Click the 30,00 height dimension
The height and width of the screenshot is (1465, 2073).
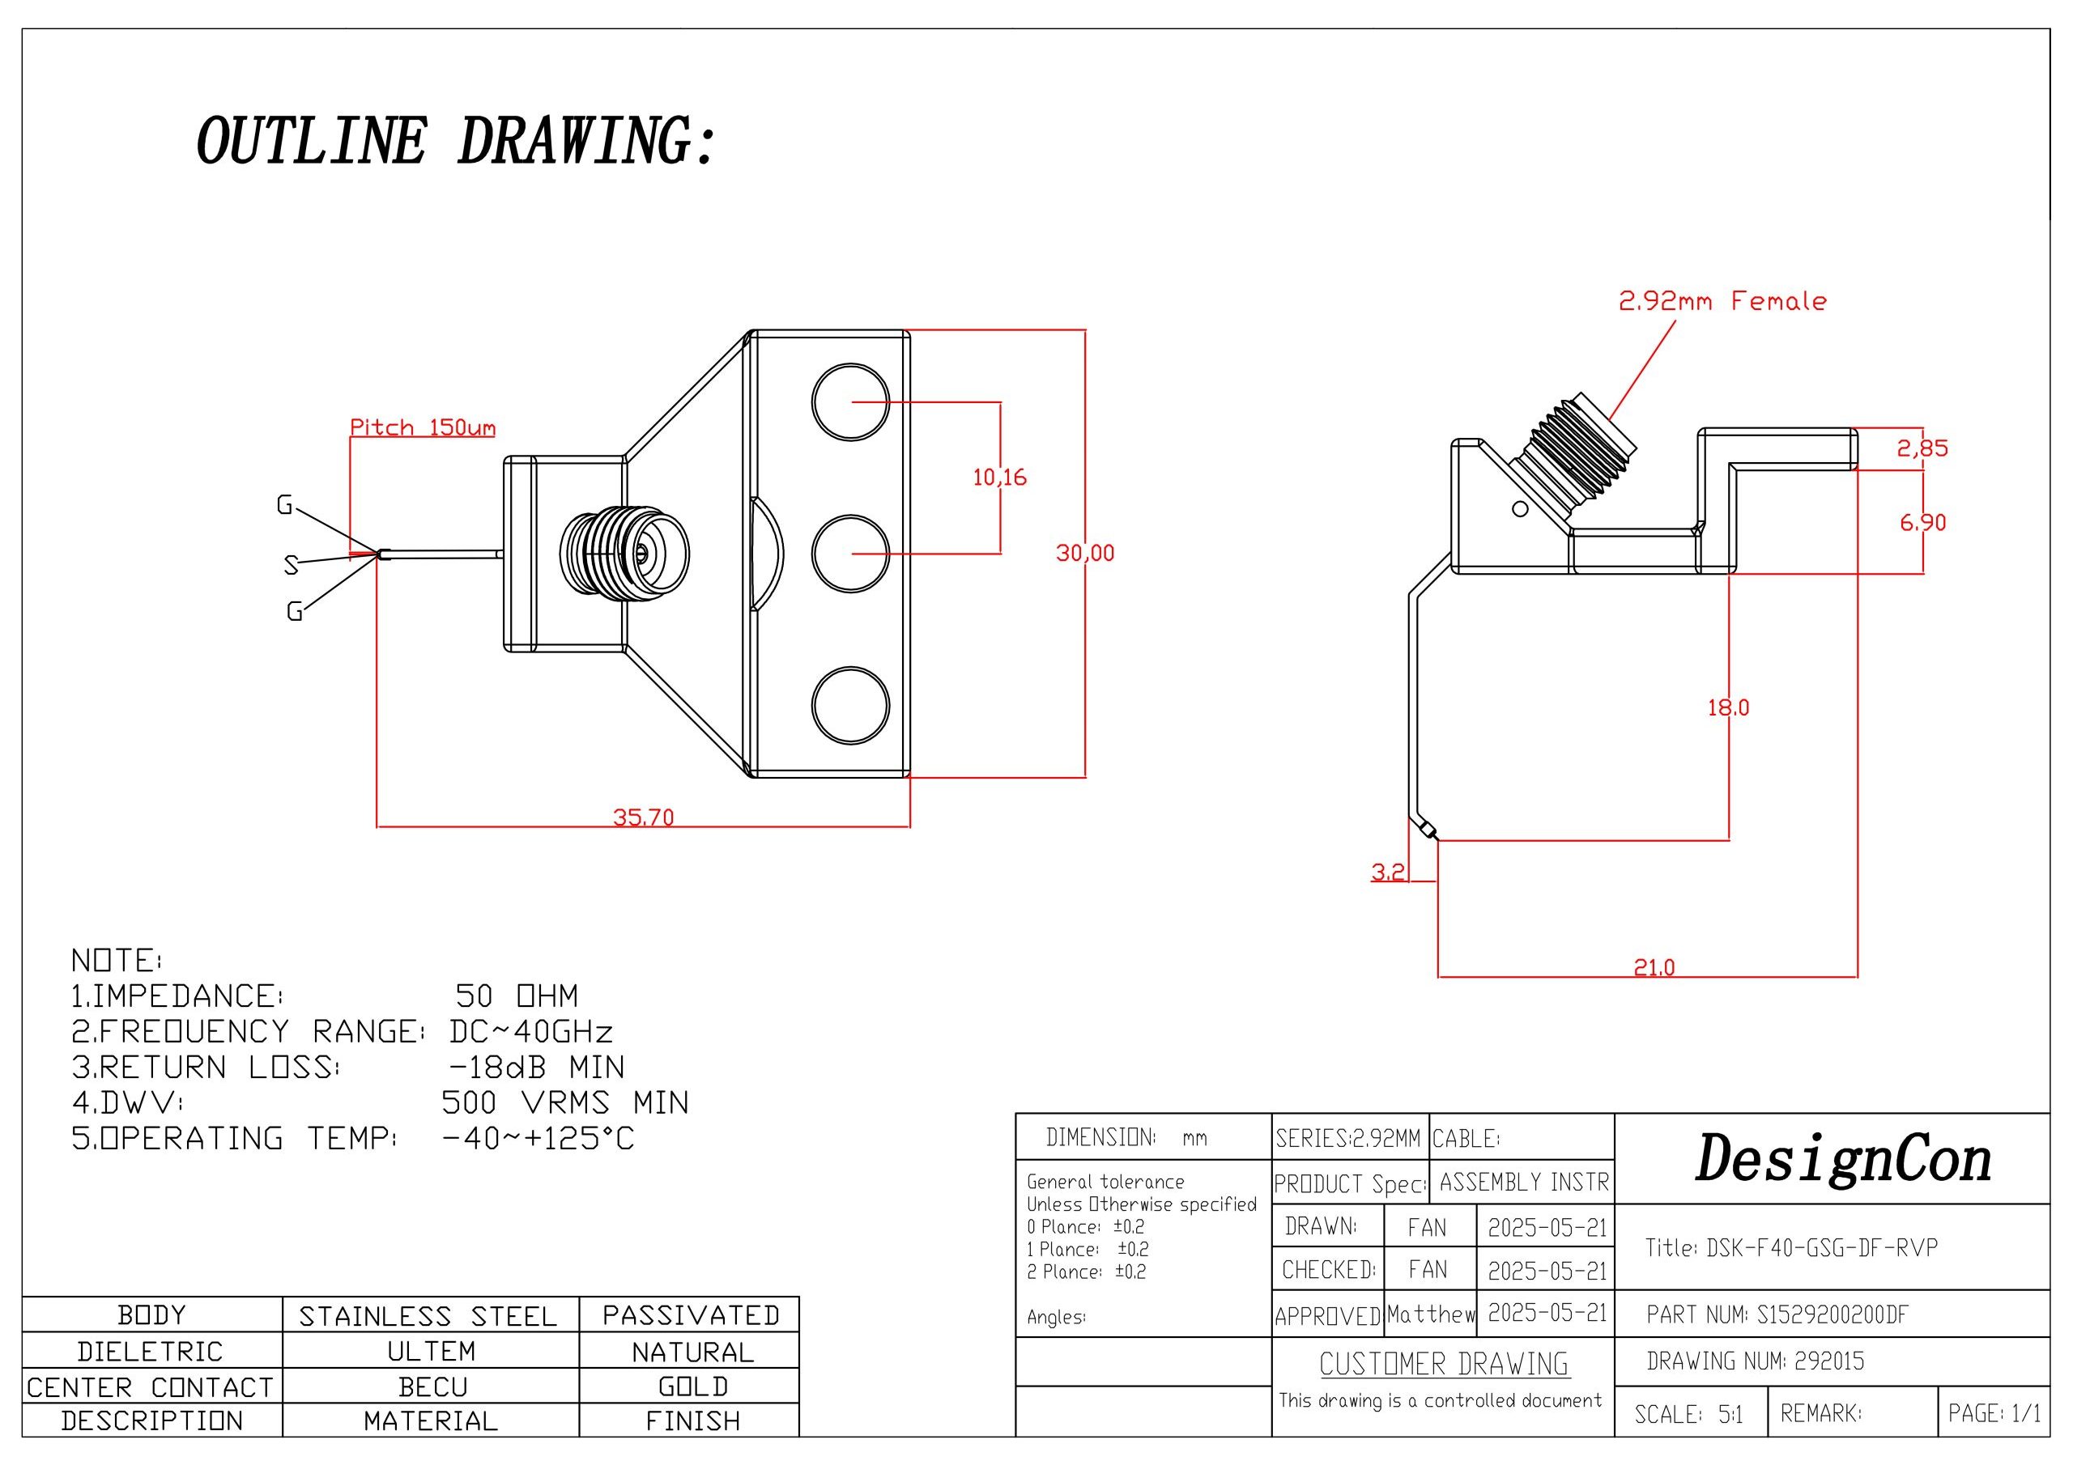[1084, 553]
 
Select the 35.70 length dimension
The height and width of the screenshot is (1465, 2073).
[643, 817]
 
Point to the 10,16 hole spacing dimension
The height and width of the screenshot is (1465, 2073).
[999, 477]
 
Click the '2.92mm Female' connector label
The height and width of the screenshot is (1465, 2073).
[1722, 301]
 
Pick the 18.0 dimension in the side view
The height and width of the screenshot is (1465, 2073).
[1727, 707]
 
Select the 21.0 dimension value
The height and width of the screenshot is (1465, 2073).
[1654, 968]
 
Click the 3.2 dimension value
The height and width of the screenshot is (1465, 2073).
[1388, 872]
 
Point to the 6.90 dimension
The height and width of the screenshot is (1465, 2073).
[1922, 523]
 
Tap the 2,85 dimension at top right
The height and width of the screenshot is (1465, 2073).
[1922, 448]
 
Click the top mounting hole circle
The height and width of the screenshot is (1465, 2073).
[850, 402]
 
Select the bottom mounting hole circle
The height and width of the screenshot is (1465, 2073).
[850, 706]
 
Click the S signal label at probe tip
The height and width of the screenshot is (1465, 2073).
[291, 565]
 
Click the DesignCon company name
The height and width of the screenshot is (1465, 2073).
[1843, 1160]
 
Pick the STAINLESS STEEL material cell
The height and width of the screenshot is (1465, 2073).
[428, 1316]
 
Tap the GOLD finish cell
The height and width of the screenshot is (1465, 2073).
[692, 1386]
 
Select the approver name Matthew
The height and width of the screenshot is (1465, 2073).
[1430, 1314]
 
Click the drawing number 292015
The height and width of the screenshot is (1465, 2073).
[1828, 1361]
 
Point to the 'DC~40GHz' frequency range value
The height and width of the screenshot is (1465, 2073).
[531, 1031]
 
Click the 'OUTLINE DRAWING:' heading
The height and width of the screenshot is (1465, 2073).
[456, 142]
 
